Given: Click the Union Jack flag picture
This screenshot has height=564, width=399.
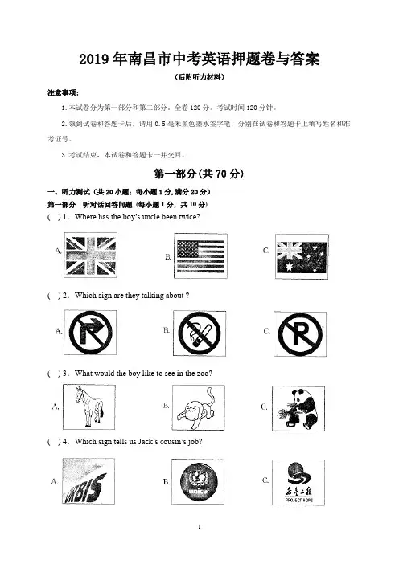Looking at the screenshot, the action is (90, 255).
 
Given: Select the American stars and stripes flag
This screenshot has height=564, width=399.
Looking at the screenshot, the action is (200, 255).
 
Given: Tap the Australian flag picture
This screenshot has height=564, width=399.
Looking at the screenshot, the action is (302, 256).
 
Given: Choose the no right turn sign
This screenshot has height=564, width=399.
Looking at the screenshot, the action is (90, 333).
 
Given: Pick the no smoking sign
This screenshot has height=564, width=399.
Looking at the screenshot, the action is (199, 333).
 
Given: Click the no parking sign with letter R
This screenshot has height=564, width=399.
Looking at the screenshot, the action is (300, 334).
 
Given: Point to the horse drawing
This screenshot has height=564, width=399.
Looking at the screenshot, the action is (89, 407).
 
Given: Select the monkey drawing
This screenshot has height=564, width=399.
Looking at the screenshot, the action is (199, 407).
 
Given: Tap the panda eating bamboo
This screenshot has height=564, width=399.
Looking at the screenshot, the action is (298, 409).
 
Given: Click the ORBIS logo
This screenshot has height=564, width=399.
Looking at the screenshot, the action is (88, 481).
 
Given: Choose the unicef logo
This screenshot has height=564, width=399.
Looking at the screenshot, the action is (198, 481).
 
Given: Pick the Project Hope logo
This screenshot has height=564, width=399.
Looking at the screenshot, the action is (298, 482).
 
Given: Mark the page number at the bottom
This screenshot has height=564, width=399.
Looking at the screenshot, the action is (199, 527).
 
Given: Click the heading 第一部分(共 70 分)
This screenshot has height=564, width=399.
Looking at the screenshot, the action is (199, 174).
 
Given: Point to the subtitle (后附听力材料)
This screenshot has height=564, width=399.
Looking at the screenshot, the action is (199, 77).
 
